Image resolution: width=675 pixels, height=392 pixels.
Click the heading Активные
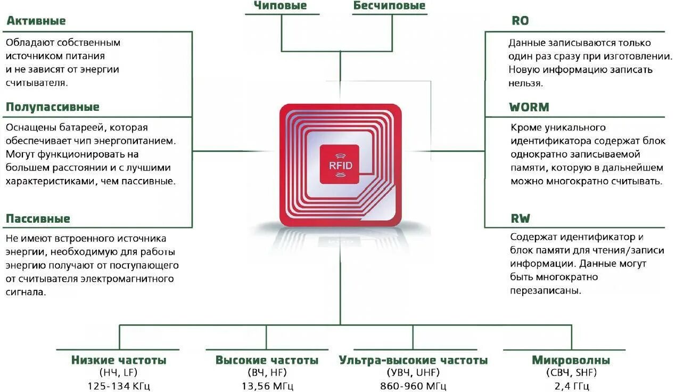click(36, 21)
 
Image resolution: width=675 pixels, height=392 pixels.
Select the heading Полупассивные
click(52, 107)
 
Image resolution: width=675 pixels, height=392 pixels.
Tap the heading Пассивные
click(38, 219)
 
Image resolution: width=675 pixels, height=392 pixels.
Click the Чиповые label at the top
click(280, 6)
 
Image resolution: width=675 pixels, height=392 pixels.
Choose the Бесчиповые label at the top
click(389, 6)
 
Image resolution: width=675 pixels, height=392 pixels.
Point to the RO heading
click(520, 21)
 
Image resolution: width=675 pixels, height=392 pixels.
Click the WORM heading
click(529, 107)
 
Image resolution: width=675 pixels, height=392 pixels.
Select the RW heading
click(520, 219)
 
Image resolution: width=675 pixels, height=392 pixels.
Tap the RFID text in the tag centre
click(340, 165)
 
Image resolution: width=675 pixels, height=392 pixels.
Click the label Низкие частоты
click(119, 361)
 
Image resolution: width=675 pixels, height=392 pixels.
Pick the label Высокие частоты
click(267, 361)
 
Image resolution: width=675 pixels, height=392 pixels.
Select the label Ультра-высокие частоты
click(413, 361)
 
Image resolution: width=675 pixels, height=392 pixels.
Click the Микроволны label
click(571, 361)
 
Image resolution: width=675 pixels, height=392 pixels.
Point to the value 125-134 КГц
click(119, 386)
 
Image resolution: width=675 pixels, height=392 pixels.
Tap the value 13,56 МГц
click(267, 386)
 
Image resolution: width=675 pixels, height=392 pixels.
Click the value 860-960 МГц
click(413, 386)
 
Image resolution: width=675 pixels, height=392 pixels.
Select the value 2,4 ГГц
click(571, 386)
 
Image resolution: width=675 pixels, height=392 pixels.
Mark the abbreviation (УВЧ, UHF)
click(413, 373)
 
